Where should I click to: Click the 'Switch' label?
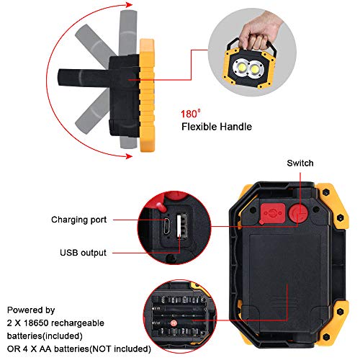point(300,163)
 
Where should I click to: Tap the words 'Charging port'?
point(78,220)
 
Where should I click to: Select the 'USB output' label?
point(83,253)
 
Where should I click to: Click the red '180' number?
point(189,114)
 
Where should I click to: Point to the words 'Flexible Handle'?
point(217,127)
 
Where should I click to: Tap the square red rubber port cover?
point(273,214)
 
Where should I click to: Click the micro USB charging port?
point(167,226)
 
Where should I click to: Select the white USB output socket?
point(181,227)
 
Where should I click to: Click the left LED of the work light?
point(241,68)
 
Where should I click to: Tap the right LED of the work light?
point(256,69)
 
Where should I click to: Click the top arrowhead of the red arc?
point(129,5)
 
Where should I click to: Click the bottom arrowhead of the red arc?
point(129,156)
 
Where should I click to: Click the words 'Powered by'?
point(31,310)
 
